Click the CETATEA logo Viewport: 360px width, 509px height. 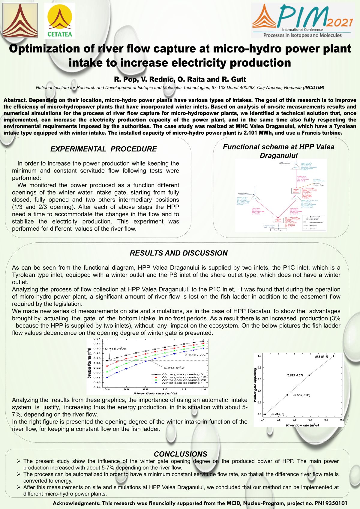coord(60,20)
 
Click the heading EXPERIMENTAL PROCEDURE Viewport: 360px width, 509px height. coord(103,149)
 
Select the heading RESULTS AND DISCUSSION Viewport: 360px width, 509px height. coord(178,253)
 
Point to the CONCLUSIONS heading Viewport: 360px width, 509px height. coord(180,454)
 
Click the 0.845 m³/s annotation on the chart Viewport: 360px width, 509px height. coord(174,368)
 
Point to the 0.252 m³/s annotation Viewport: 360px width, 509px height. coord(195,355)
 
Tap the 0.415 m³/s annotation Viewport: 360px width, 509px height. coord(115,349)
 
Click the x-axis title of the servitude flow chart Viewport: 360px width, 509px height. coord(155,393)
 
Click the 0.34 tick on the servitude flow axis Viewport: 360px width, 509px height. coord(97,339)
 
